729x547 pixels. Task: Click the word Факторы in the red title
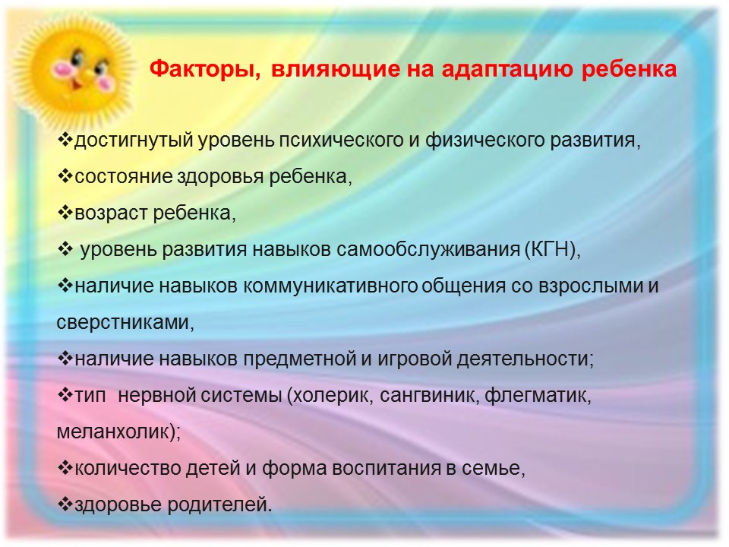tap(204, 69)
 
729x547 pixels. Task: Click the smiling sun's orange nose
tap(76, 83)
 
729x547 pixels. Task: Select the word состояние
tap(123, 177)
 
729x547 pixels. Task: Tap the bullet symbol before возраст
tap(65, 212)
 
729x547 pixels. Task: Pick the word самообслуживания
tap(428, 250)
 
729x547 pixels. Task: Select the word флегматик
tap(536, 395)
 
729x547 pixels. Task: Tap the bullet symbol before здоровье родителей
tap(65, 504)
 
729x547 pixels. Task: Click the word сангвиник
tap(428, 395)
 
